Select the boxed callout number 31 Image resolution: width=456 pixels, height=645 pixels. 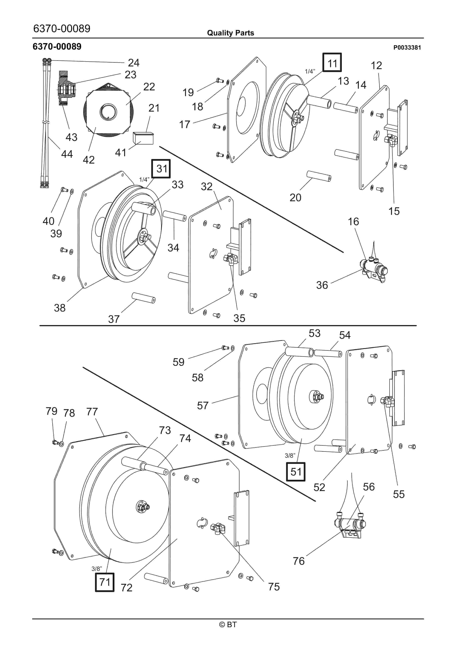click(x=161, y=169)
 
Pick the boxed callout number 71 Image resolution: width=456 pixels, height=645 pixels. click(x=105, y=582)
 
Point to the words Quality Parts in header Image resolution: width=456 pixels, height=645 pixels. click(x=230, y=33)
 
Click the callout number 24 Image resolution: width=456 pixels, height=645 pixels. click(x=134, y=63)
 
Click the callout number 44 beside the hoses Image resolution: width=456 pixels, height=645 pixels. click(x=67, y=154)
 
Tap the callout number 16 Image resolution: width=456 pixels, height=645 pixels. click(x=353, y=222)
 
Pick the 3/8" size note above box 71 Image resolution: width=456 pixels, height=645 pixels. click(x=97, y=569)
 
